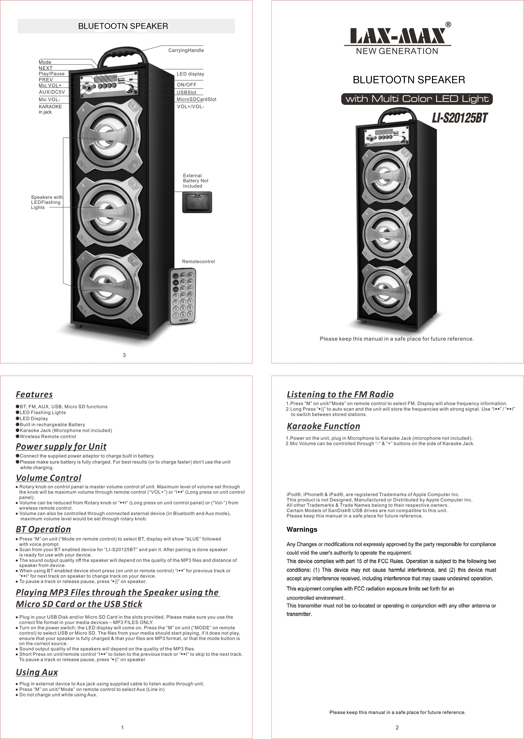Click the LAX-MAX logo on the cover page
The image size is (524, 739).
397,36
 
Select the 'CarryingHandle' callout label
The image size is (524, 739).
186,50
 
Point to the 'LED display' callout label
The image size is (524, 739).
190,74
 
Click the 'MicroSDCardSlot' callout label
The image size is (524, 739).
196,99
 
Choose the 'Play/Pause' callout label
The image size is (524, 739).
52,74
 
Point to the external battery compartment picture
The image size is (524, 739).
197,202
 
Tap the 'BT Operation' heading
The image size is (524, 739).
43,529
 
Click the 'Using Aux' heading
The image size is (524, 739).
37,672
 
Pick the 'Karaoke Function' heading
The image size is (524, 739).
323,426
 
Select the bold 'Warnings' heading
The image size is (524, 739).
302,529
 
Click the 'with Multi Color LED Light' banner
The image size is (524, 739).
417,99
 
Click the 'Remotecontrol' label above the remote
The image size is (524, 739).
198,262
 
